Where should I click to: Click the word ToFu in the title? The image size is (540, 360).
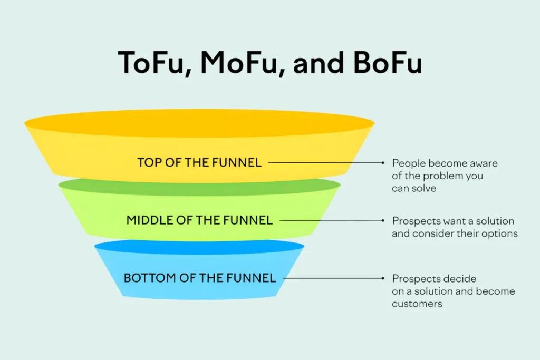tap(152, 62)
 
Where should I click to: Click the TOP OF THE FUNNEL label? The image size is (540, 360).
tap(199, 162)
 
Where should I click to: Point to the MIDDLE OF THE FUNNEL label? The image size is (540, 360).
tap(199, 220)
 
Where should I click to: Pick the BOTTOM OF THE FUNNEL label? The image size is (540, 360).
tap(199, 278)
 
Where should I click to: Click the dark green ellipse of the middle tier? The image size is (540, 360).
tap(199, 185)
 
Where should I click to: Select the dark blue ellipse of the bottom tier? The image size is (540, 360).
tap(199, 246)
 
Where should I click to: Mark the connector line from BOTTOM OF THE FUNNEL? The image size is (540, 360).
tap(332, 278)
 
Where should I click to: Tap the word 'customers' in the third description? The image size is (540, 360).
tap(417, 304)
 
